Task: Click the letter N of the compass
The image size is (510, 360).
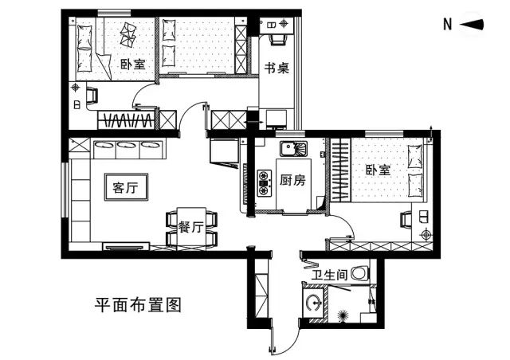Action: pyautogui.click(x=448, y=25)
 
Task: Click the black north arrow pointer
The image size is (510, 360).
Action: pyautogui.click(x=473, y=25)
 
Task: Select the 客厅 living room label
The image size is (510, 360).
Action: pyautogui.click(x=126, y=188)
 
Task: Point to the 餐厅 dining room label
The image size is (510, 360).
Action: pyautogui.click(x=190, y=227)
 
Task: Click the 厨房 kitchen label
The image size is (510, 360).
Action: pyautogui.click(x=292, y=180)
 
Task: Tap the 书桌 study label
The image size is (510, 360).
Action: pyautogui.click(x=277, y=68)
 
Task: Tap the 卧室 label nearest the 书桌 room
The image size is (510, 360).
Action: pyautogui.click(x=132, y=64)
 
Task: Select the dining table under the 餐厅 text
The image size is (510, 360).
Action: pyautogui.click(x=190, y=228)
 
